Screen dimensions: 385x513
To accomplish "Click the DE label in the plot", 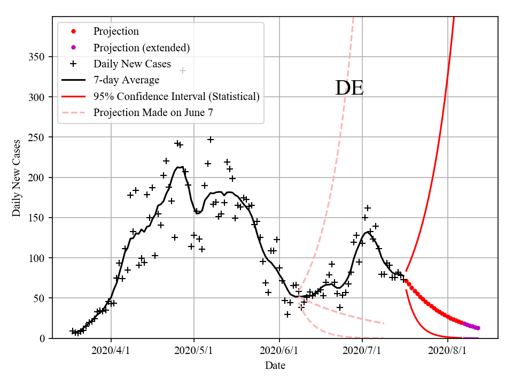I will tap(349, 88).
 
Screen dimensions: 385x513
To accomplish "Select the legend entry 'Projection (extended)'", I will tap(142, 48).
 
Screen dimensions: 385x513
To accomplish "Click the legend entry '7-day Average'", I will tap(126, 80).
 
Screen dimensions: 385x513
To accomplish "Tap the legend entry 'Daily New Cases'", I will tap(132, 64).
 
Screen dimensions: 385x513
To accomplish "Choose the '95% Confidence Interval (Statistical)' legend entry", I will tap(176, 97).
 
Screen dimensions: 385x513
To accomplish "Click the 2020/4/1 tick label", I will tap(111, 352).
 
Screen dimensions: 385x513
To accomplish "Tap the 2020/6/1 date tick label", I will tap(279, 352).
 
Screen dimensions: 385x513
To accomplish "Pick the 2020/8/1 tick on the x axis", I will tap(447, 352).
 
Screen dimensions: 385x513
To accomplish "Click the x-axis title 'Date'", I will tap(275, 366).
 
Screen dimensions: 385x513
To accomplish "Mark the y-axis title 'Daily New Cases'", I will tap(17, 178).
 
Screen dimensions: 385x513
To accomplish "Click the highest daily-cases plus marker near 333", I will tap(183, 71).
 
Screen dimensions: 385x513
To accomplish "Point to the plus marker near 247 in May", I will tap(211, 140).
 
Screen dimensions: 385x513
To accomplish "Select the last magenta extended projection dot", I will tap(478, 328).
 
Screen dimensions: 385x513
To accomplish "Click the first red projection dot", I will tap(406, 281).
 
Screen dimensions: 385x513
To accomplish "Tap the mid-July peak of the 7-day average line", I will tap(368, 232).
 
